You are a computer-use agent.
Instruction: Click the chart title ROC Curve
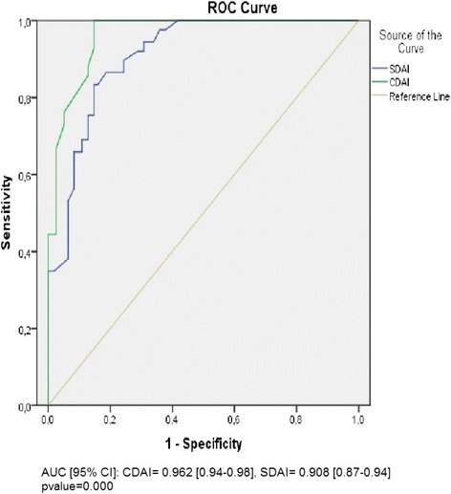pyautogui.click(x=204, y=7)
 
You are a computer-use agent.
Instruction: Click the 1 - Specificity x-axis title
pyautogui.click(x=204, y=443)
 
